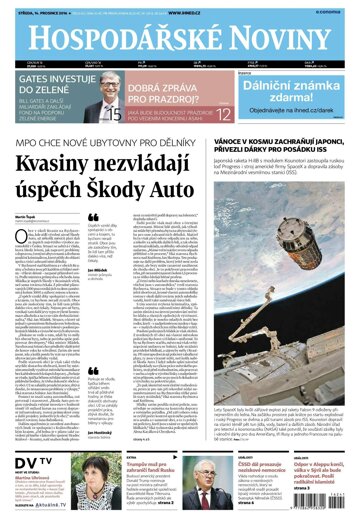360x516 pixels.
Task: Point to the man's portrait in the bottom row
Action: coord(205,488)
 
